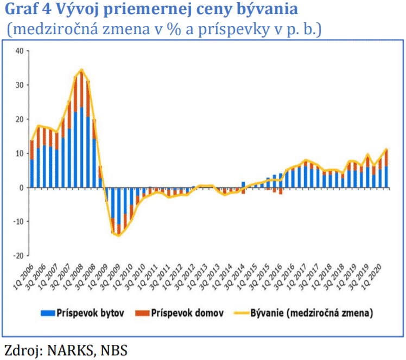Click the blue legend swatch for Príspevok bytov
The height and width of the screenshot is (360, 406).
click(47, 313)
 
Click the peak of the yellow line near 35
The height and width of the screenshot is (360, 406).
click(81, 69)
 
